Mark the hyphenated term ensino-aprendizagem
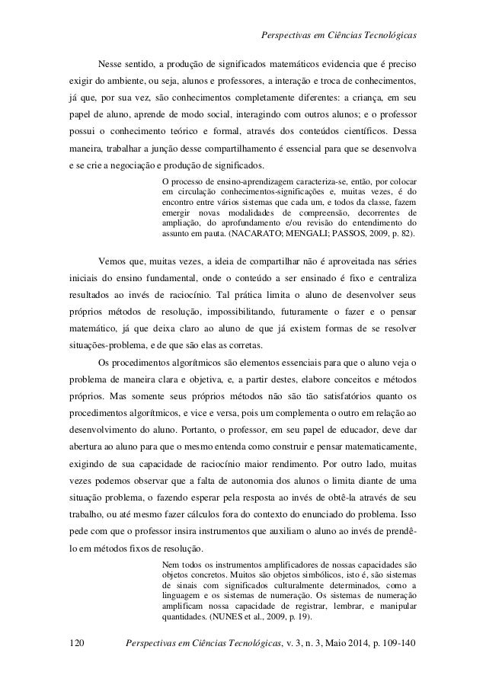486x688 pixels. click(251, 181)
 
